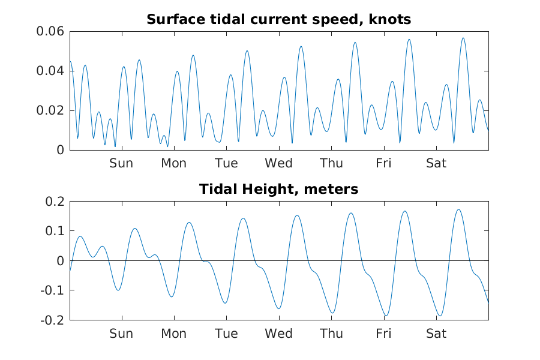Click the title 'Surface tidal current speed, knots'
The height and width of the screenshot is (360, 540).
[278, 20]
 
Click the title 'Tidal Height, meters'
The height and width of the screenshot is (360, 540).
[278, 190]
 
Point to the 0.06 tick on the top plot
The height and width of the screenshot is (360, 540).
[51, 31]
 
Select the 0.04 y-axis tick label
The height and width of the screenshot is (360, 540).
[51, 71]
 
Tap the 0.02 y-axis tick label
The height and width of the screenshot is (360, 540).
[51, 110]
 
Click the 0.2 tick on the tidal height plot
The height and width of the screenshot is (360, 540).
[55, 201]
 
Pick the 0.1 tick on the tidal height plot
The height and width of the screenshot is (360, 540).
[55, 231]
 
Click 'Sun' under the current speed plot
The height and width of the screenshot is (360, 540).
[121, 163]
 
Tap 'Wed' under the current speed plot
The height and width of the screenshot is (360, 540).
[279, 163]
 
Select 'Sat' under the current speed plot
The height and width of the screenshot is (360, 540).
[436, 163]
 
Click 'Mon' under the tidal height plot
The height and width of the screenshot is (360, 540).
[173, 334]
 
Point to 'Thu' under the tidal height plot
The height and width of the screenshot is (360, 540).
[331, 334]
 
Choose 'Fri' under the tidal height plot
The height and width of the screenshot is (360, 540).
[384, 334]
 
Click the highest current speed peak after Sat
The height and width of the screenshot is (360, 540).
[463, 38]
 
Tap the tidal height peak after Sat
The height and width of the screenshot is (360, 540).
[458, 209]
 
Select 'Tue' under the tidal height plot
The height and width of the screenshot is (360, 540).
[226, 334]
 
